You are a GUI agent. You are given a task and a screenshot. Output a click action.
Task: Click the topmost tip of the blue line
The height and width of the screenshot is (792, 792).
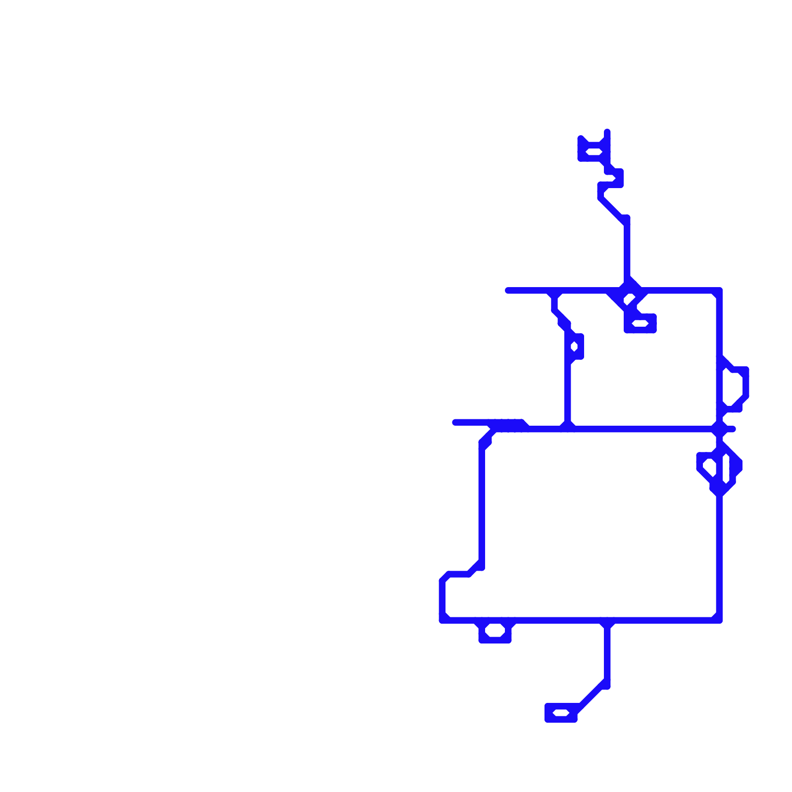[607, 131]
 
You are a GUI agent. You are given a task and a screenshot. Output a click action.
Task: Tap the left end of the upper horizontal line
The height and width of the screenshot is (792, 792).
[507, 291]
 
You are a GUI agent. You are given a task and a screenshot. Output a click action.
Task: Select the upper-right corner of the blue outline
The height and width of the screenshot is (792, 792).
[719, 291]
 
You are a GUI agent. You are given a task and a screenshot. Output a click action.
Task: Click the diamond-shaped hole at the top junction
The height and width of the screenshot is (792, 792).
[628, 299]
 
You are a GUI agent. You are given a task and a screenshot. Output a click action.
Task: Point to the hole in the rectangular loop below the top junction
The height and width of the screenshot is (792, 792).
[640, 323]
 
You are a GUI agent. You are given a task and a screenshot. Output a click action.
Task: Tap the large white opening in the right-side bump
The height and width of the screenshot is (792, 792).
[733, 389]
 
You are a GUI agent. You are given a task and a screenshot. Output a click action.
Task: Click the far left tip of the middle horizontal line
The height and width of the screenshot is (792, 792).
[455, 422]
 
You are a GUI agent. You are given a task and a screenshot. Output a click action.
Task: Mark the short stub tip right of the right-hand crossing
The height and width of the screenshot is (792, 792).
[734, 429]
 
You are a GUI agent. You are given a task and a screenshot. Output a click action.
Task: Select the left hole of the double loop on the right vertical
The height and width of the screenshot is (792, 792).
[709, 466]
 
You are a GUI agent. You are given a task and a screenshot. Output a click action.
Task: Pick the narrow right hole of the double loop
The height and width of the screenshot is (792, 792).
[726, 468]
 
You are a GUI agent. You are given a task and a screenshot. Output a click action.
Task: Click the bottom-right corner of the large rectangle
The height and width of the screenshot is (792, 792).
[719, 620]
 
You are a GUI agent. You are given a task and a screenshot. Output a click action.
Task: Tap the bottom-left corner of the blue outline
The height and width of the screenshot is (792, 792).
[442, 620]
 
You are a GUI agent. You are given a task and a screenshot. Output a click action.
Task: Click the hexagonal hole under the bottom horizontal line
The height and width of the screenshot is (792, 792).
[495, 631]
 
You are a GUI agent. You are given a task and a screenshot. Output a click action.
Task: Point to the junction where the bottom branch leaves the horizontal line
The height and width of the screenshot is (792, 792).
[607, 621]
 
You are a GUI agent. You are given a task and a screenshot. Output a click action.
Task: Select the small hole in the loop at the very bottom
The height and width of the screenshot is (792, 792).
[561, 713]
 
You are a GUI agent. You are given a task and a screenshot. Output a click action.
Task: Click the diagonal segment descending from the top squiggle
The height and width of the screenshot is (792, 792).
[612, 208]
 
